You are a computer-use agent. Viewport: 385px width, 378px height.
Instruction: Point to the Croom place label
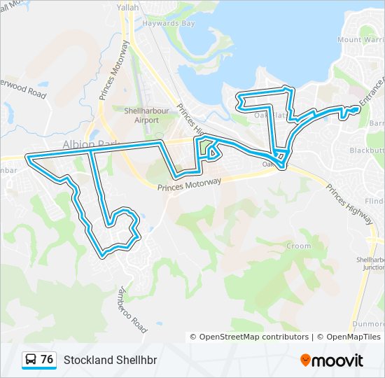pyautogui.click(x=299, y=246)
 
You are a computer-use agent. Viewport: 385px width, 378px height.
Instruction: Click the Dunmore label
pyautogui.click(x=368, y=324)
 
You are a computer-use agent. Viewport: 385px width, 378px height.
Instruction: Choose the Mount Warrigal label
pyautogui.click(x=360, y=40)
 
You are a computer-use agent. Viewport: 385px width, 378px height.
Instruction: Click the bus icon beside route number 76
pyautogui.click(x=31, y=360)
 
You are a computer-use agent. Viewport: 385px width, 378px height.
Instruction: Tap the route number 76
pyautogui.click(x=47, y=360)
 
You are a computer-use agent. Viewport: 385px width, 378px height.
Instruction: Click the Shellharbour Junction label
pyautogui.click(x=370, y=262)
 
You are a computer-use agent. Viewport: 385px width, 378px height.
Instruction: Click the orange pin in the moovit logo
pyautogui.click(x=305, y=360)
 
